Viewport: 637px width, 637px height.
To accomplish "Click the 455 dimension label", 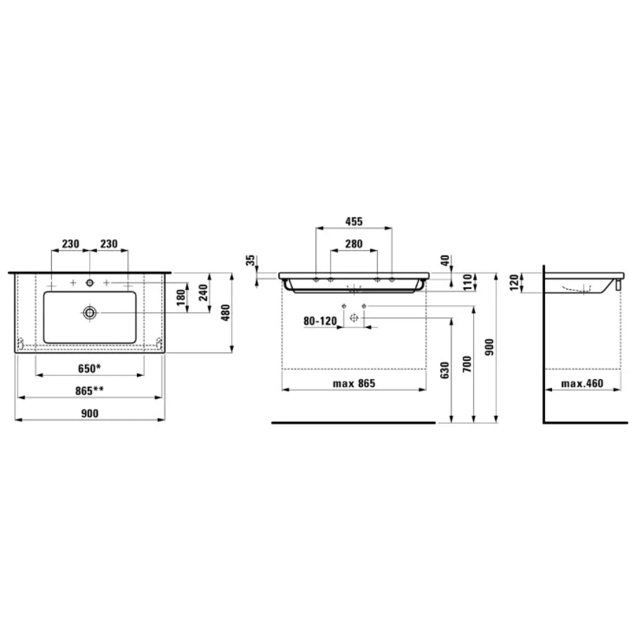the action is [x=354, y=221].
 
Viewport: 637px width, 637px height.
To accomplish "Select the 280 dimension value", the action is [x=354, y=244].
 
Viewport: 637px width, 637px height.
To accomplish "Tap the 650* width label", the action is [x=89, y=368].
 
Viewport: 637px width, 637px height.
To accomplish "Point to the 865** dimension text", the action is [x=89, y=391].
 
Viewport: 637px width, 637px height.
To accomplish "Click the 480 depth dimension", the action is [x=225, y=312].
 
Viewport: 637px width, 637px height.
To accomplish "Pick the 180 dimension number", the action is [x=181, y=297].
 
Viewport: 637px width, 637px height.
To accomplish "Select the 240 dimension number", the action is [x=203, y=292].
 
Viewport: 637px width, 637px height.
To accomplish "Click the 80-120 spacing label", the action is [x=320, y=321].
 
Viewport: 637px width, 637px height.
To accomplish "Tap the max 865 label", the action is [x=354, y=383].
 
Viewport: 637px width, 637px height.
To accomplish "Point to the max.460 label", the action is [x=582, y=383].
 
